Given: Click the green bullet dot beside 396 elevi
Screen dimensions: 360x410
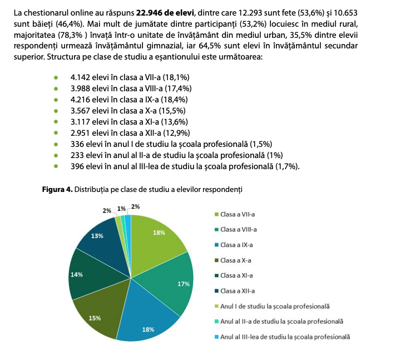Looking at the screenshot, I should click(56, 166).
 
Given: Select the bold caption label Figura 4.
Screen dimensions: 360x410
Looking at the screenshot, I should click(58, 190).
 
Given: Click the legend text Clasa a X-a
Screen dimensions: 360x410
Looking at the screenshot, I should click(236, 260).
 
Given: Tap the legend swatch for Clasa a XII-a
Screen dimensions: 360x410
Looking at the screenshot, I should click(217, 291).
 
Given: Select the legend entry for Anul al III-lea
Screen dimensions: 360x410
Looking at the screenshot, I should click(285, 337).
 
